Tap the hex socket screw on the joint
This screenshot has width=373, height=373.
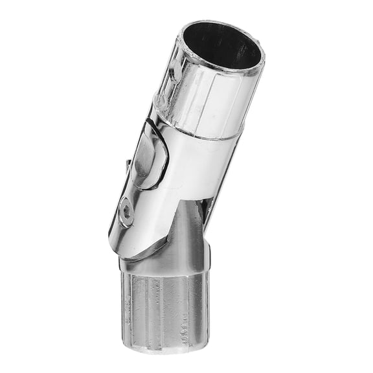click(x=128, y=212)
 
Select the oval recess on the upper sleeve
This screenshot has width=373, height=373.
click(x=151, y=155)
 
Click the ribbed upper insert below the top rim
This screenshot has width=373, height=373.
click(x=207, y=97)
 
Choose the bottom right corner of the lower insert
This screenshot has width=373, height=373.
click(x=207, y=342)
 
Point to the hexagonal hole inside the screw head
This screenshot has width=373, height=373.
click(x=128, y=212)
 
